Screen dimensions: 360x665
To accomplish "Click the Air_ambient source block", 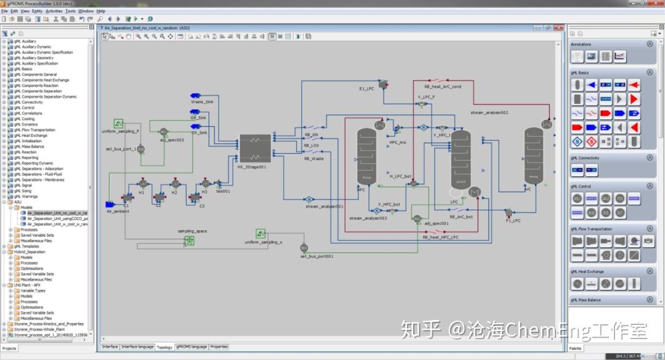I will click(x=111, y=204).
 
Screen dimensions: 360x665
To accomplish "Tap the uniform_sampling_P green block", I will click(x=119, y=124).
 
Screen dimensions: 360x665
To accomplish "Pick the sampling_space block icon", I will click(x=189, y=241).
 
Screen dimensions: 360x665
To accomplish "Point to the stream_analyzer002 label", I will click(x=490, y=113).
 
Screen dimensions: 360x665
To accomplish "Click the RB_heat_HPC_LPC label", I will click(x=440, y=237).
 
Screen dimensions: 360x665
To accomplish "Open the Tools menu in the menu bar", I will click(x=70, y=11).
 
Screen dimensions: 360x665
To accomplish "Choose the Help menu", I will click(x=101, y=11).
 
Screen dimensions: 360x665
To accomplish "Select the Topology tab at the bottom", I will click(x=164, y=347).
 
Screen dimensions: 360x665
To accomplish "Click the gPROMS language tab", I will click(x=191, y=347).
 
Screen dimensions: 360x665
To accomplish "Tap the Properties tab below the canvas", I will click(x=219, y=347).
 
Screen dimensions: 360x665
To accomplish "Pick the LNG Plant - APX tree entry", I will click(x=28, y=285).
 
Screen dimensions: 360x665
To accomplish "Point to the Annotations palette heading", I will click(x=581, y=44).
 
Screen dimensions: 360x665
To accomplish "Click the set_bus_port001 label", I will click(x=316, y=256).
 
